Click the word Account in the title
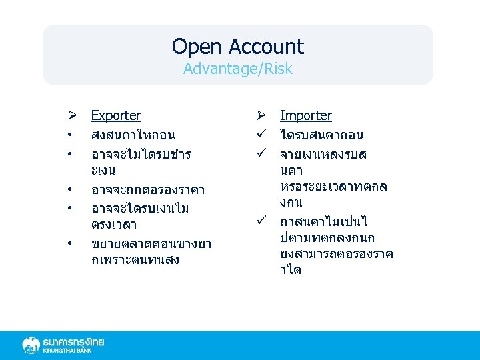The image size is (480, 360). click(x=265, y=47)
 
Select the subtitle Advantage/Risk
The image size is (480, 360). click(x=237, y=69)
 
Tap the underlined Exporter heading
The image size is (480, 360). click(x=115, y=115)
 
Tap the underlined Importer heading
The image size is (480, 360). click(x=305, y=115)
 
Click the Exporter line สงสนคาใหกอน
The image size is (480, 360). click(x=134, y=135)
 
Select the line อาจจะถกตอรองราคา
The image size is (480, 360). click(x=147, y=190)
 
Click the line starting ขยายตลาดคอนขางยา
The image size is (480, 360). click(x=151, y=244)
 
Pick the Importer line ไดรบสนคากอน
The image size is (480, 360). click(x=321, y=135)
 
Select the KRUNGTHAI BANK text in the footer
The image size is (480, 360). click(x=73, y=351)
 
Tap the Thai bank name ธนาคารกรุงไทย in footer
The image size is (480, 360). click(x=73, y=341)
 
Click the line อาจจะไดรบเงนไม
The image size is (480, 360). click(x=140, y=209)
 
